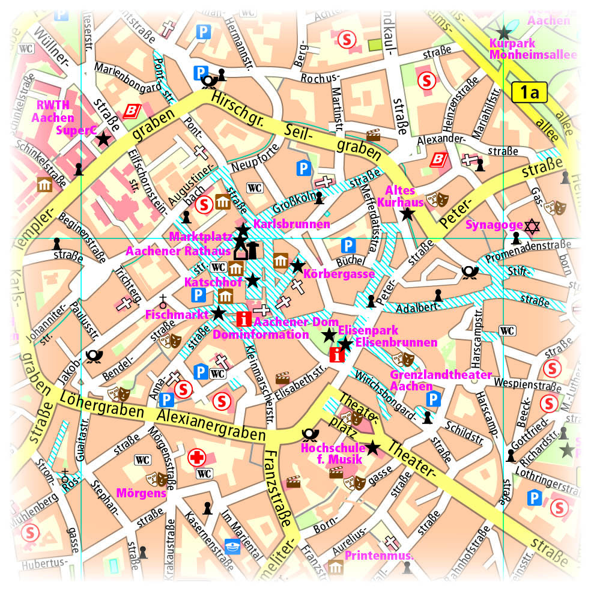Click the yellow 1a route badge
point(529,93)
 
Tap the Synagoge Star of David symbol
point(532,226)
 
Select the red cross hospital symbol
point(196,458)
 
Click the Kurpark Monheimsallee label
point(533,49)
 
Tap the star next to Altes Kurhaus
point(408,213)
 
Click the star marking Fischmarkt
point(219,313)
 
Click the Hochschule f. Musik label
point(333,454)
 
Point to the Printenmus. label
point(379,556)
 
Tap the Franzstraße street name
point(276,486)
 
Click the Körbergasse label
point(340,274)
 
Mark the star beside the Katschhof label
point(253,280)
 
